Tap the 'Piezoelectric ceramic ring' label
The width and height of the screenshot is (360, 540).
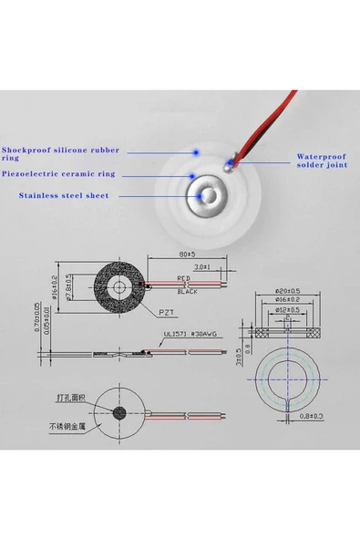click(59, 174)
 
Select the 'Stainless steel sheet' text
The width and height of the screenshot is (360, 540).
click(64, 195)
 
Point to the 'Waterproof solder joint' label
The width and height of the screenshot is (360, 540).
click(322, 161)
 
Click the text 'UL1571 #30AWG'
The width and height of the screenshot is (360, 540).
click(190, 335)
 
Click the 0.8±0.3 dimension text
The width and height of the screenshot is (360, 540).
click(311, 416)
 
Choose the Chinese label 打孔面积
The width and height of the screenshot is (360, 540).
click(69, 398)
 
